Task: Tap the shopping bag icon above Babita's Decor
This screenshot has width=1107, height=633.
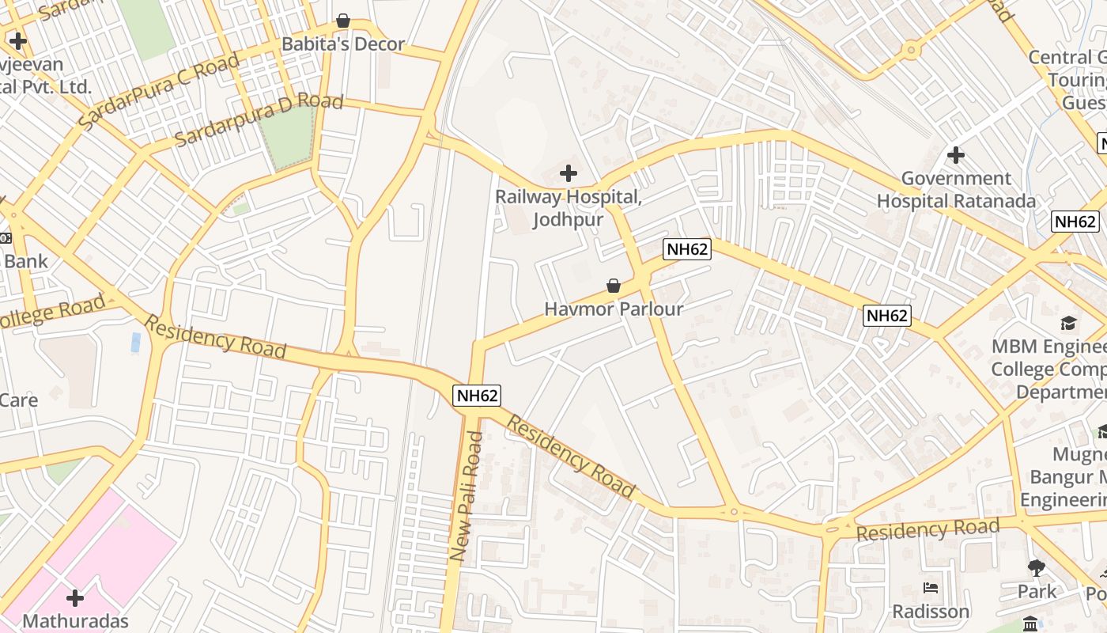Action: (x=343, y=20)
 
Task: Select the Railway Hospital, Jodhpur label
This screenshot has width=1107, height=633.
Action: (x=568, y=207)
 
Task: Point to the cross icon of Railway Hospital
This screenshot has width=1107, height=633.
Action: (x=568, y=172)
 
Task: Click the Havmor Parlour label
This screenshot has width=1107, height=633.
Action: (x=614, y=309)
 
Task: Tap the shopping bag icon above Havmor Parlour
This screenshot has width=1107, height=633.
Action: (x=614, y=286)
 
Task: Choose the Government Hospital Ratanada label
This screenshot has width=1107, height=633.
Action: (x=956, y=190)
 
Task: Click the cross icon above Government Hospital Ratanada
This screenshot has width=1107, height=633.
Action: (x=956, y=154)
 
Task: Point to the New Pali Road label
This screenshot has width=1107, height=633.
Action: (x=466, y=496)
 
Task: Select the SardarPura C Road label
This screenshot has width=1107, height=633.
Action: (x=159, y=92)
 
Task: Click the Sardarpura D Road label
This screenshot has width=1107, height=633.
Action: (x=259, y=119)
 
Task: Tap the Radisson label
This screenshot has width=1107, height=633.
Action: (x=931, y=612)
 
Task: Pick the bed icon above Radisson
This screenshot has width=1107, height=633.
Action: (x=931, y=588)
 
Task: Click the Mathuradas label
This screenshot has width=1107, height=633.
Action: (x=75, y=620)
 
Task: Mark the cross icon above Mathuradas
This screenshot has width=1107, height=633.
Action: (x=75, y=597)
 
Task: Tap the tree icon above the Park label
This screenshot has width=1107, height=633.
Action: (x=1037, y=567)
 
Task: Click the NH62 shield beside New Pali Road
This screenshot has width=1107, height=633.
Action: (x=477, y=395)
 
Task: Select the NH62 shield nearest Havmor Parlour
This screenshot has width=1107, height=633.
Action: (x=687, y=249)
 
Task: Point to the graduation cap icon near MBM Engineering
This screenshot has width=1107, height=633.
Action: (x=1069, y=323)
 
